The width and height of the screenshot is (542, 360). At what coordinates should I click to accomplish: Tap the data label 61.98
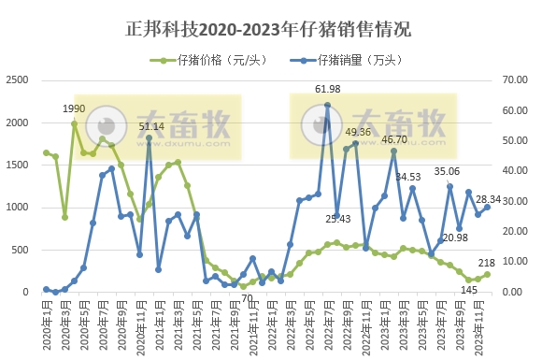pyautogui.click(x=327, y=89)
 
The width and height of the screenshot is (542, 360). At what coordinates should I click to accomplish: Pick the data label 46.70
pyautogui.click(x=393, y=139)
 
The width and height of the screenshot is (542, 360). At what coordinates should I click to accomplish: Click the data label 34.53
pyautogui.click(x=408, y=176)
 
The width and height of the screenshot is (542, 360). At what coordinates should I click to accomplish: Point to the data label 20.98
pyautogui.click(x=454, y=238)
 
